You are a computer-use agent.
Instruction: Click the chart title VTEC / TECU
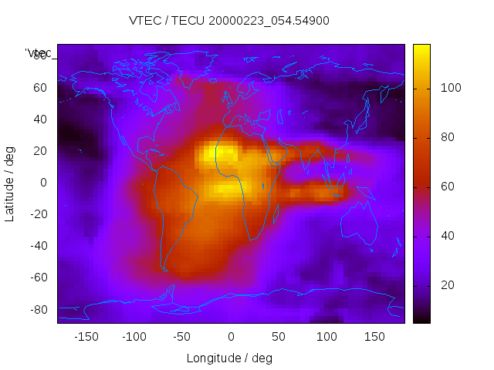(228, 21)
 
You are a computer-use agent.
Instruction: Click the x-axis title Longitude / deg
(229, 358)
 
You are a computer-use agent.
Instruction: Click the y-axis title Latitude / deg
(10, 182)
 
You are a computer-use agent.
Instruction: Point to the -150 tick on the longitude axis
(86, 337)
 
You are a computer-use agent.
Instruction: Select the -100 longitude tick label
(134, 337)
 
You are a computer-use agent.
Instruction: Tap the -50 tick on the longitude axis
(182, 337)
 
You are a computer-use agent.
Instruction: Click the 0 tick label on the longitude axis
(230, 337)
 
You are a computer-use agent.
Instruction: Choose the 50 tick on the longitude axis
(278, 337)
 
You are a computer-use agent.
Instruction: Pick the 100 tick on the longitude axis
(326, 337)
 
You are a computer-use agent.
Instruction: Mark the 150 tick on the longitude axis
(374, 337)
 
